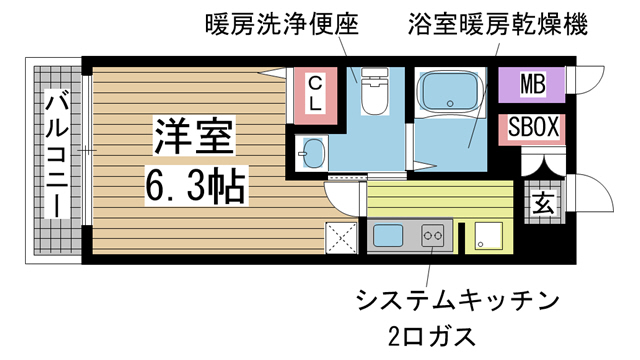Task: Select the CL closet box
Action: pyautogui.click(x=313, y=92)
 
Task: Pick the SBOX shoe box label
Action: pyautogui.click(x=533, y=128)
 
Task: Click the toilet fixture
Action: pyautogui.click(x=375, y=92)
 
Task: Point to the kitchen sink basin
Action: pyautogui.click(x=386, y=237)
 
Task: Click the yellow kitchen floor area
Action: pyautogui.click(x=440, y=200)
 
